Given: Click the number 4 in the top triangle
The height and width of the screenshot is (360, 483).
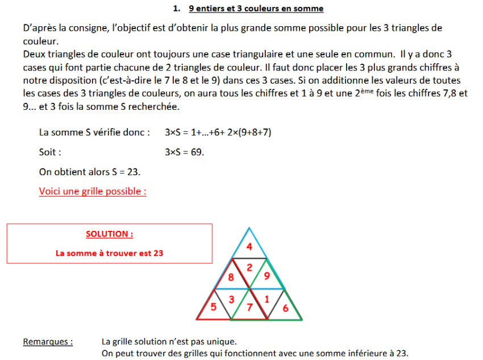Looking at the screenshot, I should pyautogui.click(x=249, y=247).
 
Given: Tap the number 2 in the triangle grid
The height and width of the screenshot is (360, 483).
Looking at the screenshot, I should pyautogui.click(x=249, y=267).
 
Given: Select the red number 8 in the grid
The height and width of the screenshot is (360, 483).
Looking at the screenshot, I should pyautogui.click(x=231, y=278).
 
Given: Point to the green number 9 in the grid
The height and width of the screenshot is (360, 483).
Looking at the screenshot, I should pyautogui.click(x=267, y=278).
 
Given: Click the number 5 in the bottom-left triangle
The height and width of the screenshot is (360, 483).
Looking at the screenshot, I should pyautogui.click(x=213, y=308).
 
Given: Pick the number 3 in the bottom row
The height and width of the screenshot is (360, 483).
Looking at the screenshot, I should pyautogui.click(x=231, y=299).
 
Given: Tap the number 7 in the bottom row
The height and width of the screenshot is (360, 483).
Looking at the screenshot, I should pyautogui.click(x=249, y=308).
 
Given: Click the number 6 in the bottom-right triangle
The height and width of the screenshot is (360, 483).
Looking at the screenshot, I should pyautogui.click(x=285, y=308).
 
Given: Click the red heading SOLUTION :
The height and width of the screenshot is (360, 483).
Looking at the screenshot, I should pyautogui.click(x=109, y=234).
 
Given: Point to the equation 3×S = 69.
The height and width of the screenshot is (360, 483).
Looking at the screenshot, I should pyautogui.click(x=184, y=152).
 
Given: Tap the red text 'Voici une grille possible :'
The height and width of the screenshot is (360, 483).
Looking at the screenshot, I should pyautogui.click(x=93, y=191).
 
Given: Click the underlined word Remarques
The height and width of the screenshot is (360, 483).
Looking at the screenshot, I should pyautogui.click(x=48, y=342).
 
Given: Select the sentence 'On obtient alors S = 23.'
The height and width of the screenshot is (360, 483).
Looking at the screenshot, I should pyautogui.click(x=90, y=172).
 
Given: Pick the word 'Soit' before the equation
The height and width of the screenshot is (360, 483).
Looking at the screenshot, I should pyautogui.click(x=50, y=152).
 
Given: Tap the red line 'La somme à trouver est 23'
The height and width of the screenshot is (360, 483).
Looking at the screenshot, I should pyautogui.click(x=109, y=253).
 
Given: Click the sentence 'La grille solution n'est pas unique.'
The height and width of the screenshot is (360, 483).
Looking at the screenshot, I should pyautogui.click(x=169, y=342).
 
